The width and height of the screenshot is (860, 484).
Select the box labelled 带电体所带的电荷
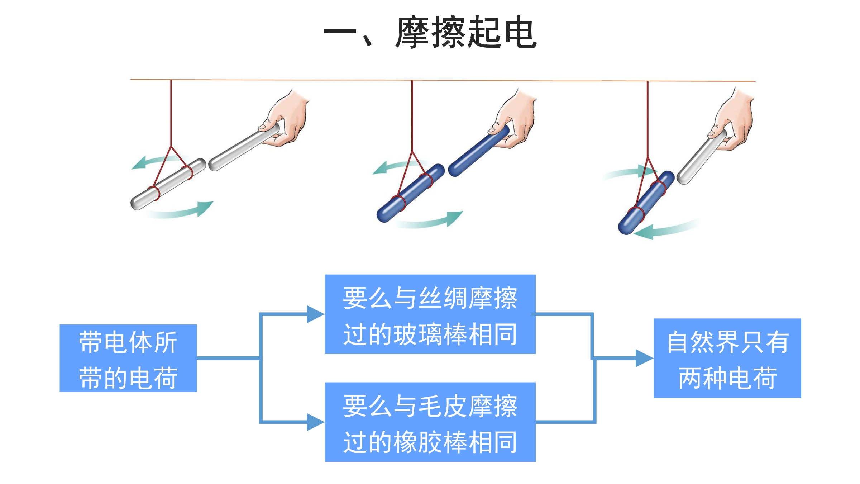pos(128,358)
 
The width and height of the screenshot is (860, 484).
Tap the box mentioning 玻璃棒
pos(430,314)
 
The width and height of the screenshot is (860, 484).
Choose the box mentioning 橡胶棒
pos(430,422)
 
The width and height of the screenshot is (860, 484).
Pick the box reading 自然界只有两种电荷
pos(727,358)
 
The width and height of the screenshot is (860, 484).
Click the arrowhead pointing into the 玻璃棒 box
pos(315,314)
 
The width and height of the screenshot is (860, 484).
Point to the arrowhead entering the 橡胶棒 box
pos(315,422)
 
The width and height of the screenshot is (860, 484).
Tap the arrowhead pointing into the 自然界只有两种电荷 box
pos(644,358)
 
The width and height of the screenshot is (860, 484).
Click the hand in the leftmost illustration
pos(287,118)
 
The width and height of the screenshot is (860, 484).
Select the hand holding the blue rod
pos(516,120)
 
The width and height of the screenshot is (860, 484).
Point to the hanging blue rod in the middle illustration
pos(410,194)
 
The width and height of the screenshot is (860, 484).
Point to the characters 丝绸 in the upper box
pos(443,298)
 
